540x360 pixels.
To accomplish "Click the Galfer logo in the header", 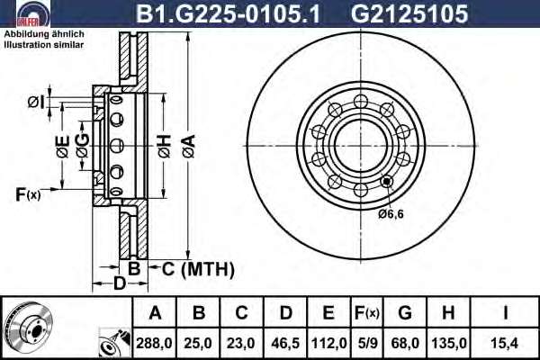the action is click(33, 13).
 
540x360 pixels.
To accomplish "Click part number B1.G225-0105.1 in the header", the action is click(229, 13).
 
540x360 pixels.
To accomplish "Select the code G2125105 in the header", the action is click(409, 13).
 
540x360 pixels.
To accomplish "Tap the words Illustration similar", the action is click(44, 45).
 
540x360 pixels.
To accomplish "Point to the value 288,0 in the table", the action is click(154, 343).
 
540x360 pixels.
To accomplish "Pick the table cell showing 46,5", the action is click(285, 343).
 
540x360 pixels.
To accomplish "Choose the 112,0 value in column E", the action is click(328, 343).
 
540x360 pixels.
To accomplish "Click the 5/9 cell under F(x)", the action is click(367, 343).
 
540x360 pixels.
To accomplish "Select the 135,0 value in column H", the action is click(449, 343).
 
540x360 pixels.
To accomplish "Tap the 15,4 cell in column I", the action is click(504, 343).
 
